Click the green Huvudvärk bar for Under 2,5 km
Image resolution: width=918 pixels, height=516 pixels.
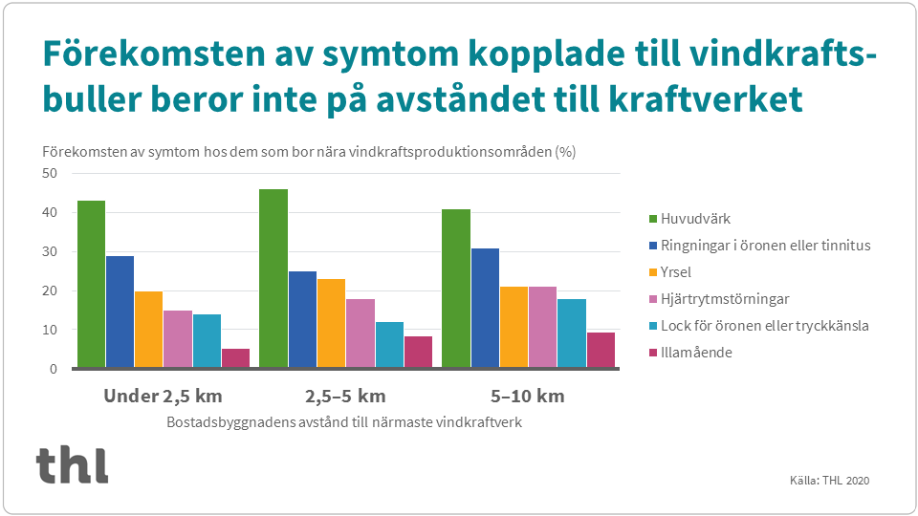(91, 284)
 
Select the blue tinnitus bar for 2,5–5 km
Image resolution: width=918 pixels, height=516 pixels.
(302, 319)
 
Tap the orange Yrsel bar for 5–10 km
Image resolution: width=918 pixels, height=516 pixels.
(514, 327)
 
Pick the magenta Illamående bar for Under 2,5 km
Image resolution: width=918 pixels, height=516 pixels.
(235, 358)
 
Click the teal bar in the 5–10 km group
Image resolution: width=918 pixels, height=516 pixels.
(572, 333)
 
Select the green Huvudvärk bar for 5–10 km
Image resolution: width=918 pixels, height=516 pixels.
(455, 288)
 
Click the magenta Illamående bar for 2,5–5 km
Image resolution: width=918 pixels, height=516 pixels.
(418, 352)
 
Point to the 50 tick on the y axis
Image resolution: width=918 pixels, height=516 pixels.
(49, 173)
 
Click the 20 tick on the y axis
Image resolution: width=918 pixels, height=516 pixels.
(49, 290)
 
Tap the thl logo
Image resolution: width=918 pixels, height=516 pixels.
(73, 464)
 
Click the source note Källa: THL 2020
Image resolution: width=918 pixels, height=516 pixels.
(830, 480)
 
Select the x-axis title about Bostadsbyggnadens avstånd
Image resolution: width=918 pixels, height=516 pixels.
(344, 421)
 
